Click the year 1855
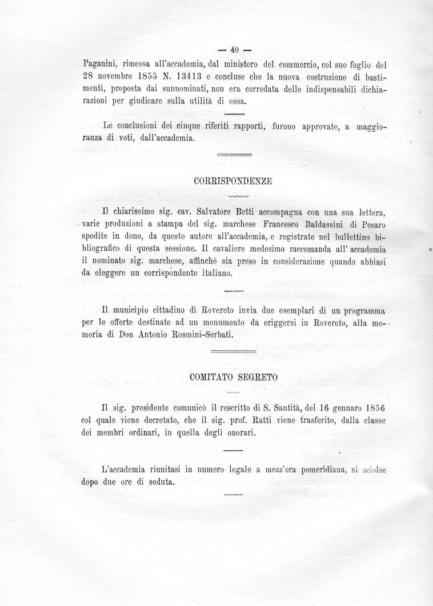[x=140, y=75]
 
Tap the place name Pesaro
[x=372, y=223]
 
